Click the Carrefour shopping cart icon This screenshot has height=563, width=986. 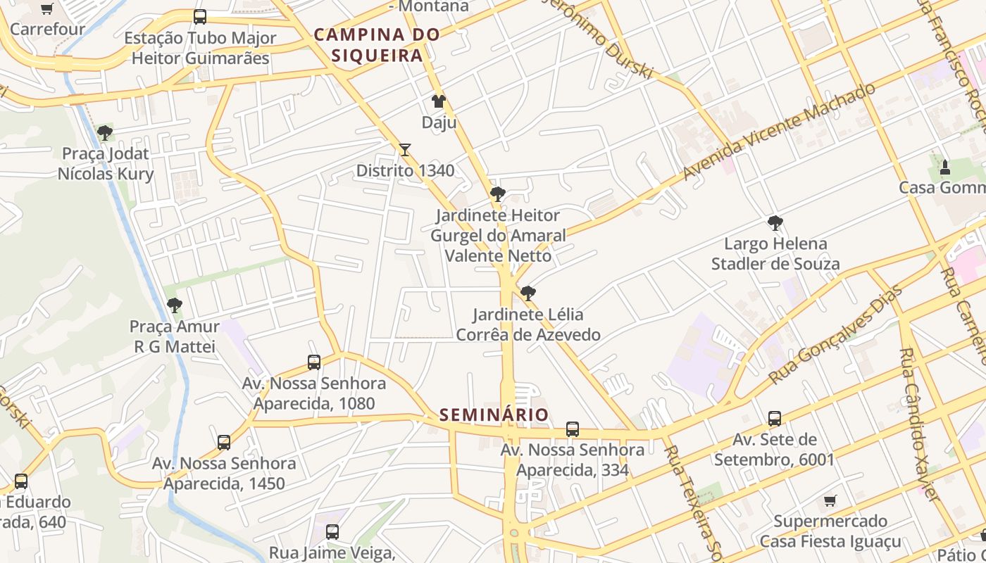[x=47, y=9]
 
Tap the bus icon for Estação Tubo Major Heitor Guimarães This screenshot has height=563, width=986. [x=200, y=17]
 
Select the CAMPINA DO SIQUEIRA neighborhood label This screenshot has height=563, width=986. [x=377, y=44]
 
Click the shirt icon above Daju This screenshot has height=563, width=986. [x=439, y=101]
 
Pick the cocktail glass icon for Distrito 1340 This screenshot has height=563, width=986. [x=404, y=149]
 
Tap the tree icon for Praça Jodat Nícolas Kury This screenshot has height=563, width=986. [x=105, y=132]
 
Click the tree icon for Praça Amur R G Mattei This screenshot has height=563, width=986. [x=175, y=305]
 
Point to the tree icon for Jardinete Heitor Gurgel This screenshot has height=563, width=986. [x=498, y=194]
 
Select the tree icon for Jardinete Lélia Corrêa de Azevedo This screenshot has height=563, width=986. [x=528, y=293]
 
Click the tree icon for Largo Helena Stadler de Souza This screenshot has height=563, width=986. [x=775, y=223]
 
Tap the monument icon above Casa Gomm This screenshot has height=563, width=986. [x=945, y=167]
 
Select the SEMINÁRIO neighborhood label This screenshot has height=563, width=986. [x=494, y=415]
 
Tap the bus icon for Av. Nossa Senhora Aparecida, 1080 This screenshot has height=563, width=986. [x=314, y=362]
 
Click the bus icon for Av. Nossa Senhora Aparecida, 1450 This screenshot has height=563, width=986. [x=224, y=443]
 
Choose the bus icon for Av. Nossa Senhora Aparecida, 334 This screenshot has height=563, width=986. [x=573, y=429]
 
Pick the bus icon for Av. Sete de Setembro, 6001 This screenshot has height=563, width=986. [x=775, y=419]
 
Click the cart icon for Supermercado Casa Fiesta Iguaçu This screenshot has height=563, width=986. [x=830, y=500]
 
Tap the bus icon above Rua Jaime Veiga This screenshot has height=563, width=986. [x=332, y=532]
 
